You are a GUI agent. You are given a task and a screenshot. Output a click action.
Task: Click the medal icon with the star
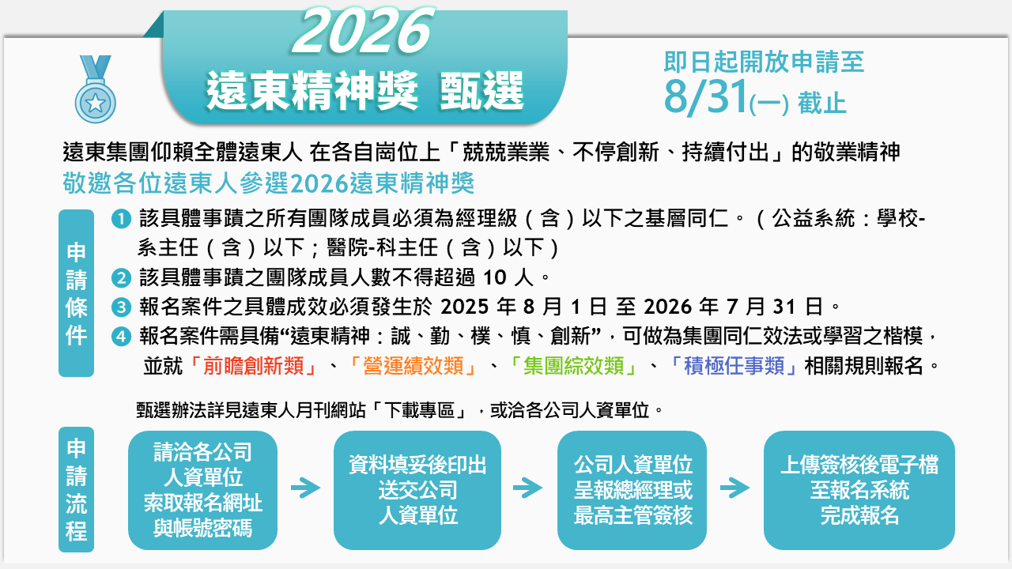click(96, 89)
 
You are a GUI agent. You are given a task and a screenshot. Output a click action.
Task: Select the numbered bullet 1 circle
click(121, 219)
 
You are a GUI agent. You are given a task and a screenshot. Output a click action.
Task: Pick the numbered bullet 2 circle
click(121, 277)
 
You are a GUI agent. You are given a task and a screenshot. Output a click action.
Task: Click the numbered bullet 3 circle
click(121, 307)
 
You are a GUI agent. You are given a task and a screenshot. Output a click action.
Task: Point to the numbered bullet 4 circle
click(121, 337)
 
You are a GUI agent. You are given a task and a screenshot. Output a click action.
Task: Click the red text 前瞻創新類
click(254, 366)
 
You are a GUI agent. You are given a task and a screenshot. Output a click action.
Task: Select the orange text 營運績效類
click(413, 366)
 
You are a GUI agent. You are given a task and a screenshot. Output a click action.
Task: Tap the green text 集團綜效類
click(574, 366)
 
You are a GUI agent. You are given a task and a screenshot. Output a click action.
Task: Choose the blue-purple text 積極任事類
click(734, 366)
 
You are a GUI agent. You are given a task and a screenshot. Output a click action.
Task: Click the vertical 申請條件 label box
click(77, 293)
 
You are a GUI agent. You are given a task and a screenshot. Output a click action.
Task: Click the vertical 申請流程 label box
click(77, 489)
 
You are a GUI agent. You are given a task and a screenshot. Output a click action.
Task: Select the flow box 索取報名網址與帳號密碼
click(203, 490)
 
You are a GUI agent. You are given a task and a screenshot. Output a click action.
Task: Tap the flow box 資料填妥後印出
click(417, 490)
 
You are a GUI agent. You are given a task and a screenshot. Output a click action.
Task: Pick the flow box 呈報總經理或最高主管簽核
click(632, 490)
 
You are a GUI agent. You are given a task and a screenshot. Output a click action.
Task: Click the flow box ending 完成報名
click(859, 490)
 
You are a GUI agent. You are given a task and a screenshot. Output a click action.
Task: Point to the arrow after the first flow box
click(306, 488)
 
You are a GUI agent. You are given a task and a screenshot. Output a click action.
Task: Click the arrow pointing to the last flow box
click(735, 488)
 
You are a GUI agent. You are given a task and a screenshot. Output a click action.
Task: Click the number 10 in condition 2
click(495, 278)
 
